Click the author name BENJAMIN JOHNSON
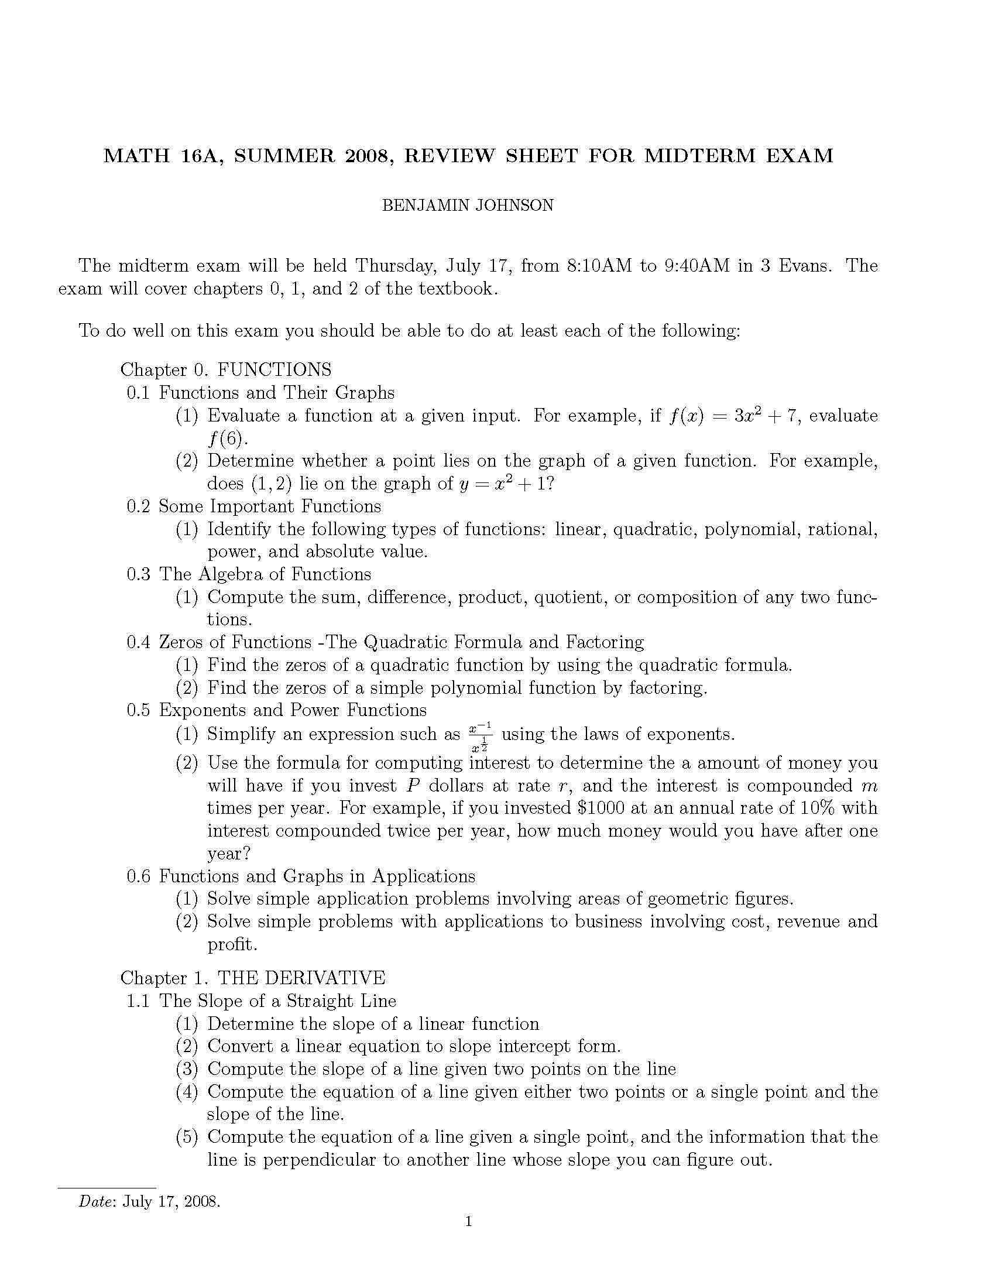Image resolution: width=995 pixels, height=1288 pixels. coord(468,205)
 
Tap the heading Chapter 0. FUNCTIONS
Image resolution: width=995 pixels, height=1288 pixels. coord(226,370)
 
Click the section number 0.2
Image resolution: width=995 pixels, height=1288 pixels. coord(139,506)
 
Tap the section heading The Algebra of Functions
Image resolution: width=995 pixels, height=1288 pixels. coord(265,574)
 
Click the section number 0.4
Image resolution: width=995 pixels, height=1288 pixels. coord(139,642)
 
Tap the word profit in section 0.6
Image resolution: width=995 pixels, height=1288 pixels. coord(232,944)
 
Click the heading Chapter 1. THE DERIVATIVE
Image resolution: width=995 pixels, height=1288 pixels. coord(253,978)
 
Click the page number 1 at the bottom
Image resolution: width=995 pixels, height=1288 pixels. coord(469,1237)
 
